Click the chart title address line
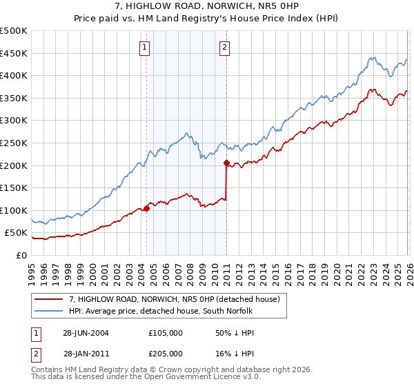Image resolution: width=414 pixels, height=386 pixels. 207,6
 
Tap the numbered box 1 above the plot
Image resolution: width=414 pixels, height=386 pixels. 145,48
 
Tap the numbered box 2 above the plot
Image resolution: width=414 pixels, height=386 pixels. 225,48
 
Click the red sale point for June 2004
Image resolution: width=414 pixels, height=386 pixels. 146,208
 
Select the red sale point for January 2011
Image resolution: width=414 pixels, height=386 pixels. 226,163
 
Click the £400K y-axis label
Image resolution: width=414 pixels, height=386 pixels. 14,76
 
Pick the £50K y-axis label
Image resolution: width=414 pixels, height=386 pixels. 16,233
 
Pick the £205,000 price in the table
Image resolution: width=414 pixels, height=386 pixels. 165,353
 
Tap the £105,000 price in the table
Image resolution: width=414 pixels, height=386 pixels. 165,332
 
